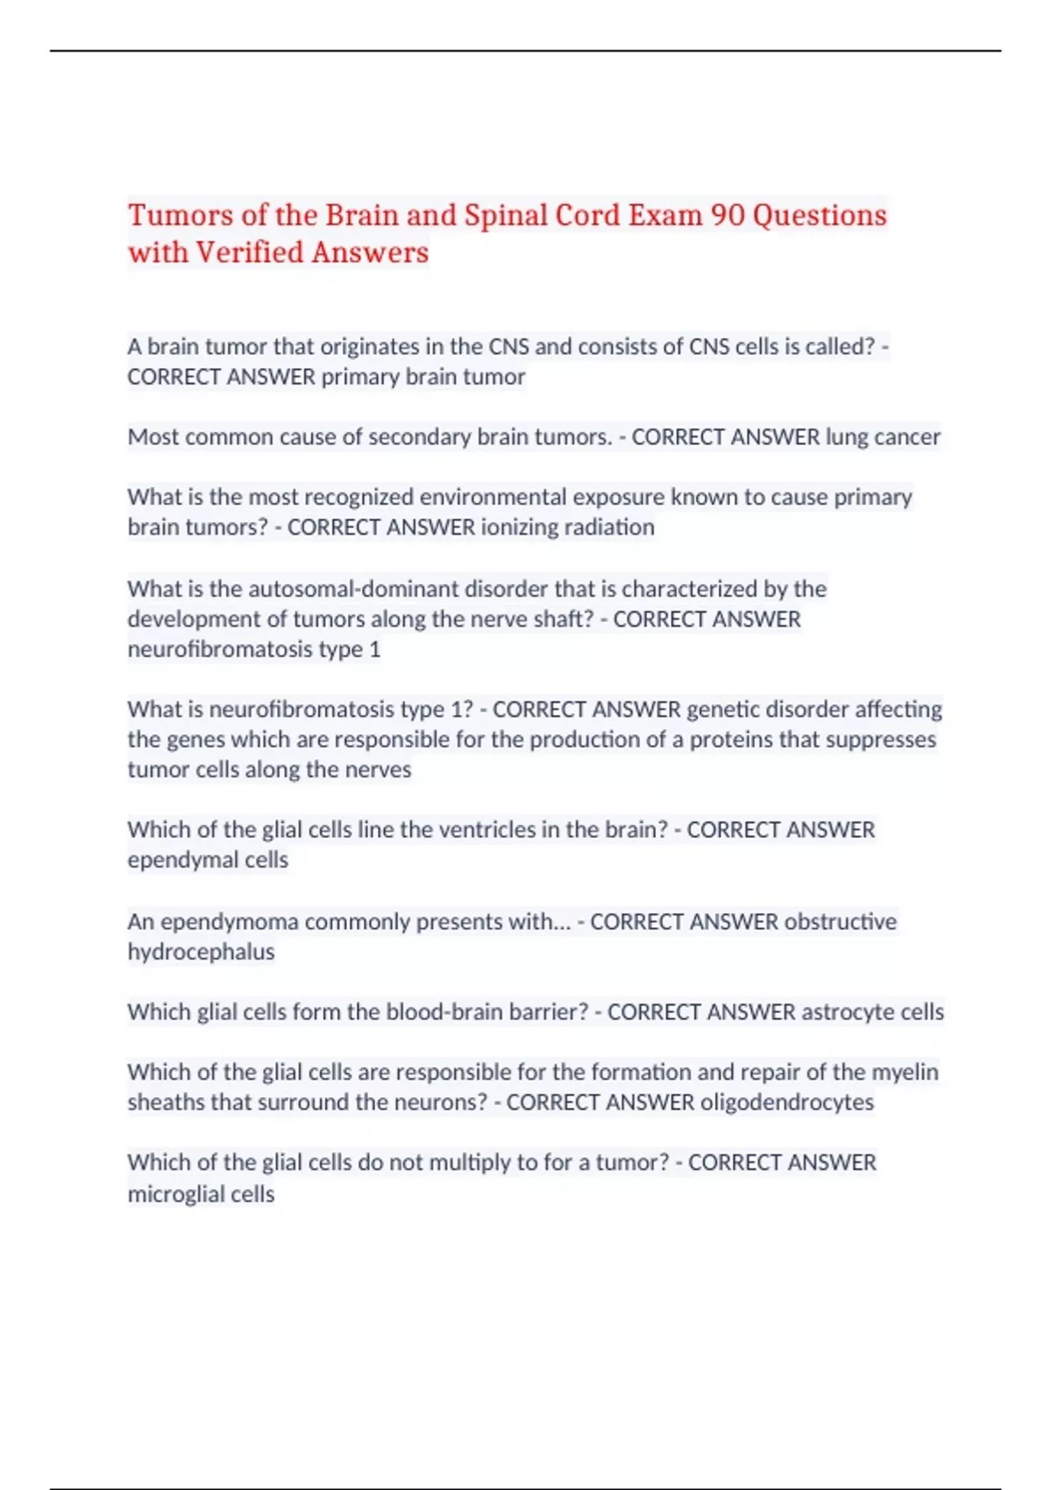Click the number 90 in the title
click(x=727, y=216)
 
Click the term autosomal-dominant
click(x=345, y=588)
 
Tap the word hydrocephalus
click(x=201, y=952)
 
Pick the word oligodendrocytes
click(x=786, y=1102)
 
